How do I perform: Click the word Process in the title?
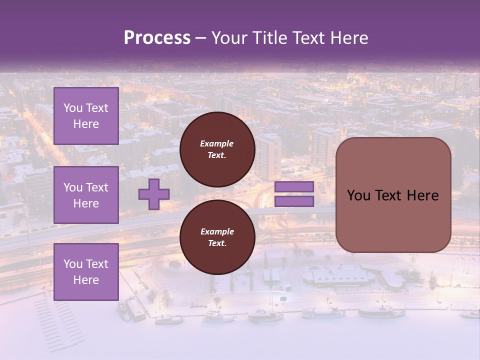pos(157,38)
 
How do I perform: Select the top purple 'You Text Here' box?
pos(86,116)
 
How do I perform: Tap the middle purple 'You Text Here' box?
pos(86,195)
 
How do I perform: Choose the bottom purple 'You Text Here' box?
pos(86,272)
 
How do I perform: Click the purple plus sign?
pos(154,194)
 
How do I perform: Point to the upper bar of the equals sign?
pos(294,187)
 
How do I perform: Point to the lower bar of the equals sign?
pos(294,201)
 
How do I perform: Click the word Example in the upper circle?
pos(216,143)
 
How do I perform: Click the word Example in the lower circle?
pos(216,231)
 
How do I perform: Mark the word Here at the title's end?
pos(350,38)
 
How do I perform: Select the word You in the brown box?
pos(358,195)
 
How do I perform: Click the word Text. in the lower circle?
pos(216,243)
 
